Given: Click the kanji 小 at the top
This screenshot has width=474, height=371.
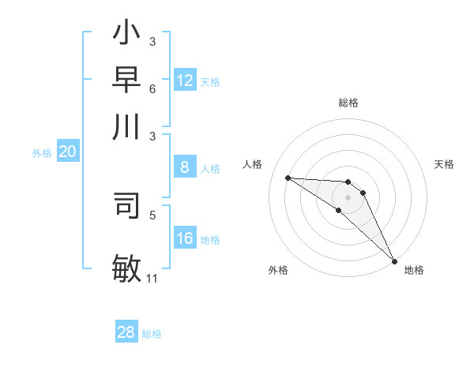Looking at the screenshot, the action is click(126, 36).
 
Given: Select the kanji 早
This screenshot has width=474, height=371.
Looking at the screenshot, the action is click(126, 81).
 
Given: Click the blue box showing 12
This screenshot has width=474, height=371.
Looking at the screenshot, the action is click(185, 81).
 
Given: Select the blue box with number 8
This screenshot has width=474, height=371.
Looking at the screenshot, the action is click(185, 167).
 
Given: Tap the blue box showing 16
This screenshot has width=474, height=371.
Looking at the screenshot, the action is click(185, 238).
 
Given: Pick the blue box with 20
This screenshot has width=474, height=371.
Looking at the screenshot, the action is click(67, 152).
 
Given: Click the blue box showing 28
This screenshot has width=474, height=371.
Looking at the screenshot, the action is click(126, 332).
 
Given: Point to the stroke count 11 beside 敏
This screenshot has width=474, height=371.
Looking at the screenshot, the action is click(152, 279).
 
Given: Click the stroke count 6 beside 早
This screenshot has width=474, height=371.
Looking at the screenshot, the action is click(152, 88).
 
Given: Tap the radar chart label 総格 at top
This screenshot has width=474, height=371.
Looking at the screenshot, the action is click(348, 103).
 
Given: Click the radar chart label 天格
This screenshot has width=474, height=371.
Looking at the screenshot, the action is click(444, 164).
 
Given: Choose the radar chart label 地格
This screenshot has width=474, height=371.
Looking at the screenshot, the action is click(414, 270).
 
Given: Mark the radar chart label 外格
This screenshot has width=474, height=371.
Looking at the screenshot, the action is click(278, 270).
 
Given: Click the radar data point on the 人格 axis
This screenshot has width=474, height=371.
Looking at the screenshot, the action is click(288, 178).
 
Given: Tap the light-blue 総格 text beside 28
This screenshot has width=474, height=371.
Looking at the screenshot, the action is click(152, 333).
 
